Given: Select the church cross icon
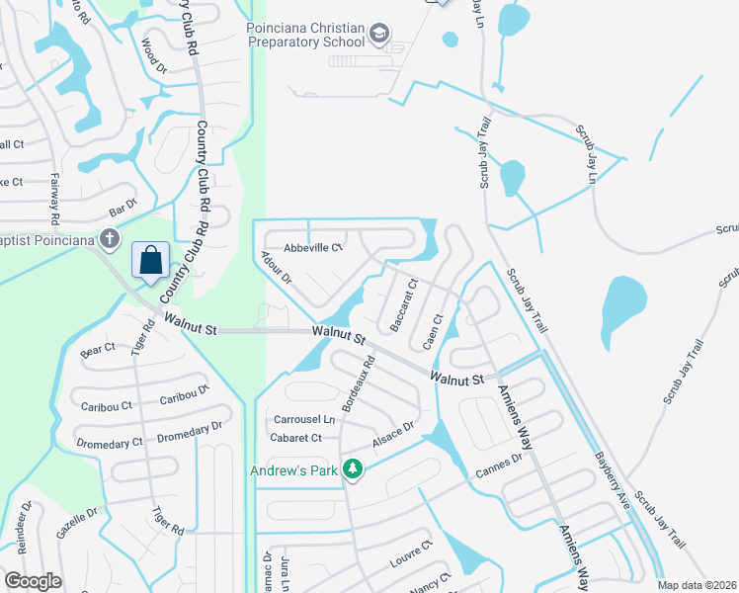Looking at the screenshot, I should (x=111, y=239).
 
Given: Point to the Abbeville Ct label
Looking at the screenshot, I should (x=312, y=247).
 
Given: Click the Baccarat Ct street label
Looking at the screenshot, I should (x=404, y=304).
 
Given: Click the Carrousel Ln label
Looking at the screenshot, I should (x=304, y=419).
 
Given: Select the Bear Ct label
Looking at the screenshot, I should (x=98, y=350).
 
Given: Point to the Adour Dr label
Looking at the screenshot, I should (x=277, y=268).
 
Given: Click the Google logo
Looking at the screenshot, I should (x=33, y=581).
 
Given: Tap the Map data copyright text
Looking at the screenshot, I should (x=696, y=585).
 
